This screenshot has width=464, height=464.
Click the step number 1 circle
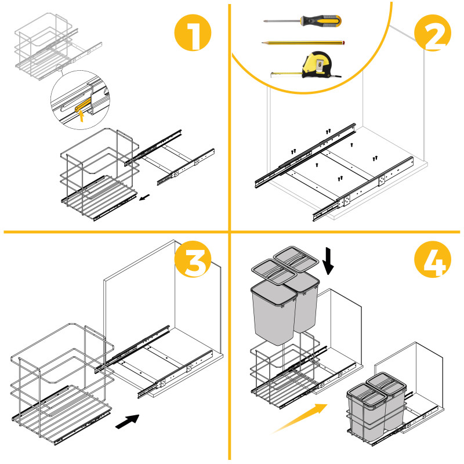(193, 32)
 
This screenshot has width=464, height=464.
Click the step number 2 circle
(433, 32)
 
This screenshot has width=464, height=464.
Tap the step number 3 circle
(193, 259)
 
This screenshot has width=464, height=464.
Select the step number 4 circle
(433, 259)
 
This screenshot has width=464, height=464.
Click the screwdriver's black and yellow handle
(321, 21)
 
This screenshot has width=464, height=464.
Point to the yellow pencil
(303, 43)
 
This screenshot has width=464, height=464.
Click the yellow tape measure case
(317, 65)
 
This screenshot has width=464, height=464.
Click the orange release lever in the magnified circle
(83, 105)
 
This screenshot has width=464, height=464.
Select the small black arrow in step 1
(144, 197)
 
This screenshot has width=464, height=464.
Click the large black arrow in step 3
(127, 422)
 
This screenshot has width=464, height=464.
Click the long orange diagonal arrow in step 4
(299, 418)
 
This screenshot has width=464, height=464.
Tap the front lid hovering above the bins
(274, 272)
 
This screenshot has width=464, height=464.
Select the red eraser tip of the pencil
(343, 42)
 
